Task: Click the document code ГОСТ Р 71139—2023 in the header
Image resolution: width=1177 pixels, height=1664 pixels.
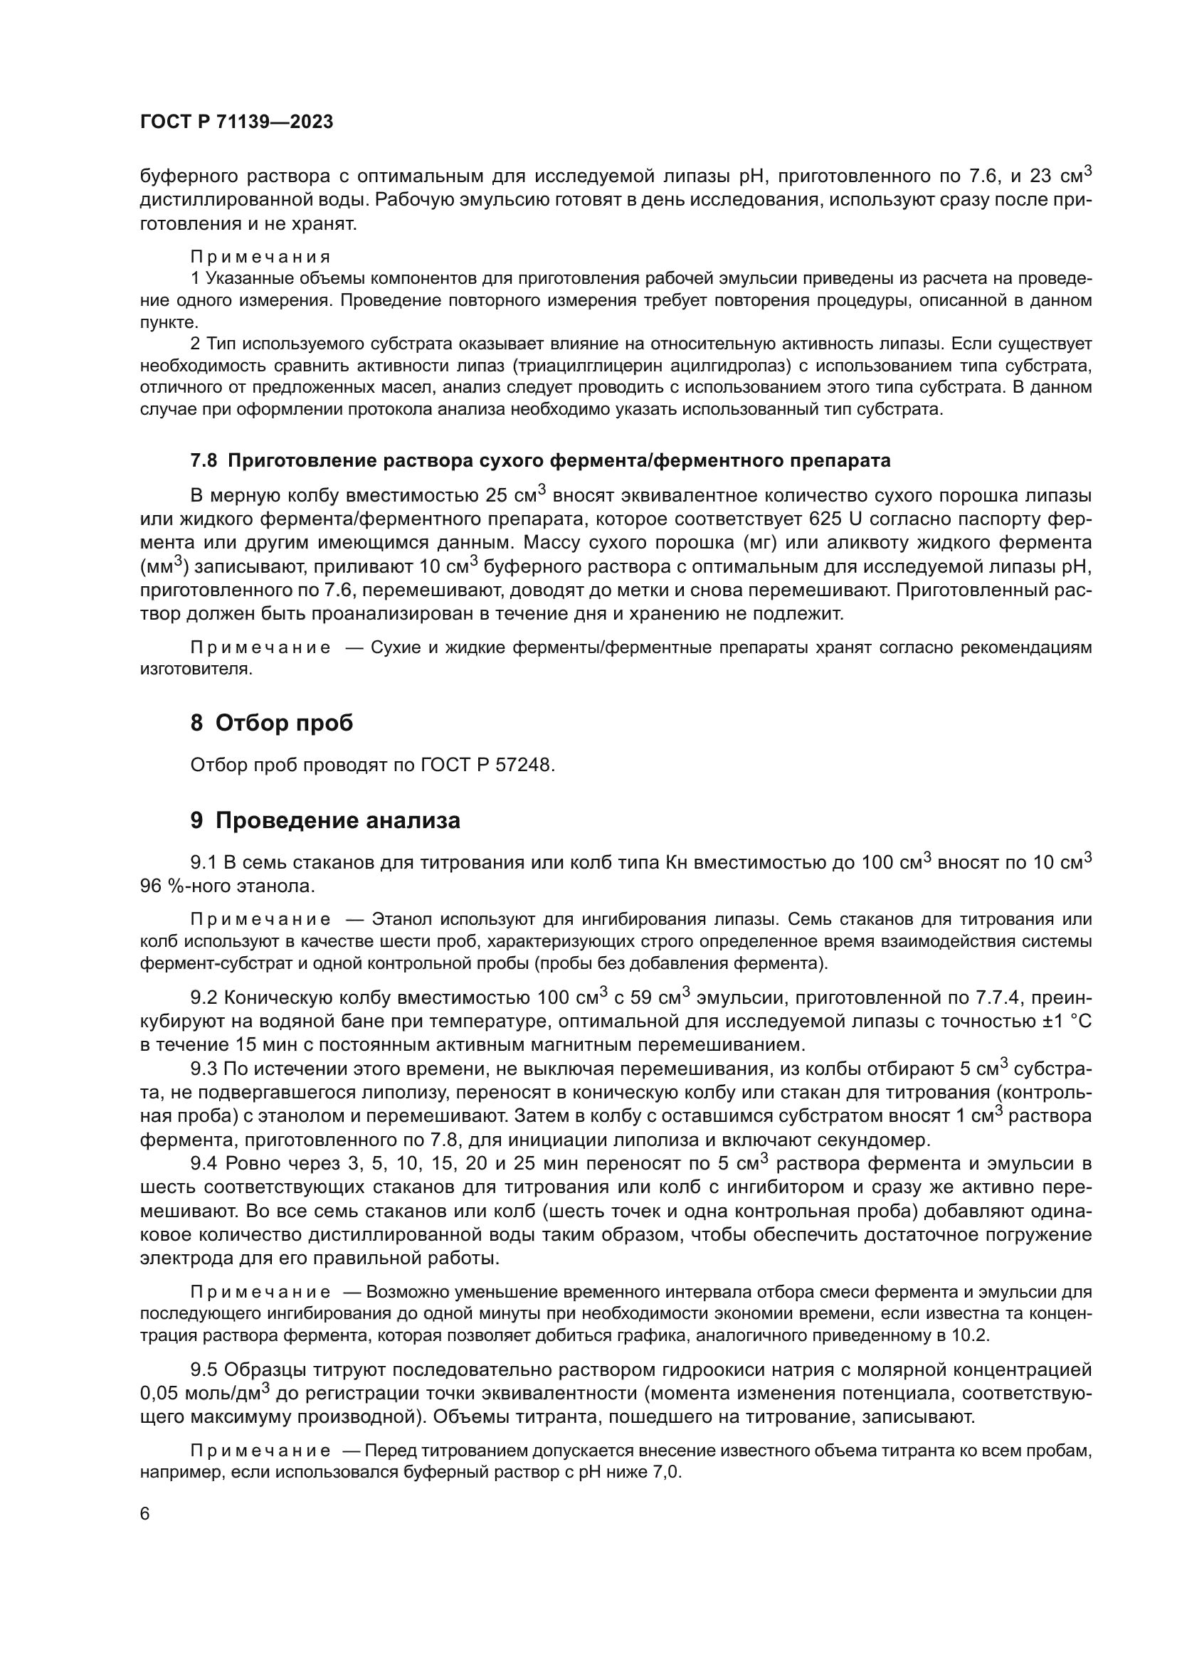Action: [x=236, y=122]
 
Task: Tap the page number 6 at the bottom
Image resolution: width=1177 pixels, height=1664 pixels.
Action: [x=145, y=1514]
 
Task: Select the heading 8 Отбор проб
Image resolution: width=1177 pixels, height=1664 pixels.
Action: [x=271, y=723]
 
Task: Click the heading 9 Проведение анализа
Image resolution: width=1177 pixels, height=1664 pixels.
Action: [x=324, y=820]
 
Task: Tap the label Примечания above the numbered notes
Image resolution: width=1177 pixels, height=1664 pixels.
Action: [x=260, y=257]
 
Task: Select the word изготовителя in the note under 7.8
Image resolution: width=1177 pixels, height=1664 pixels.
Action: [x=196, y=669]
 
